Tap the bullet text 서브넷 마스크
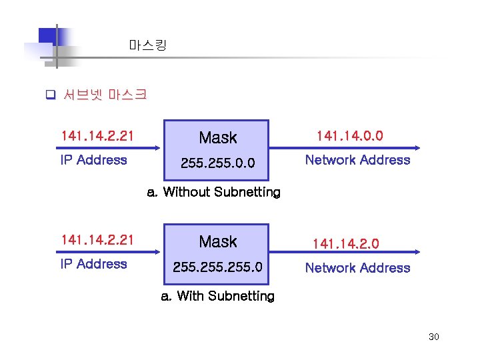pos(105,95)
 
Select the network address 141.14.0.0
pos(349,136)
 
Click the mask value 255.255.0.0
pos(217,161)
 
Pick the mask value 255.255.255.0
pos(217,267)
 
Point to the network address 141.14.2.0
pos(346,244)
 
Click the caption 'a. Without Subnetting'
pos(213,193)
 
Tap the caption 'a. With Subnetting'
pos(217,296)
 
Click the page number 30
pos(433,337)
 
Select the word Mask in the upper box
pos(218,138)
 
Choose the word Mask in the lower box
pos(218,241)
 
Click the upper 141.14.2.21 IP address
pos(97,137)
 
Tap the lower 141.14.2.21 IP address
pos(97,240)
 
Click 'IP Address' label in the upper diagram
pos(93,160)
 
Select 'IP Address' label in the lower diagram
pos(93,264)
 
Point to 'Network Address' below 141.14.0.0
pos(357,160)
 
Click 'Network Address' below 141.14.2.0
pos(357,268)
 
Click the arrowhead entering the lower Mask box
pos(161,252)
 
